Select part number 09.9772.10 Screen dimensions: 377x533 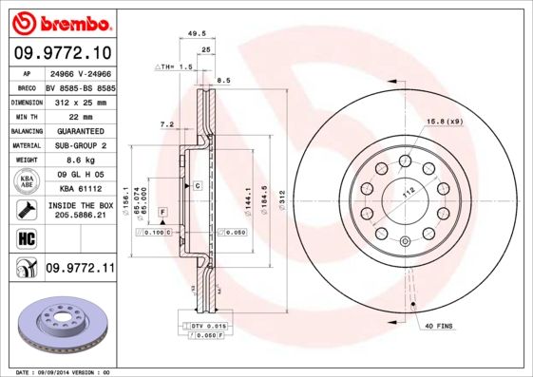point(63,53)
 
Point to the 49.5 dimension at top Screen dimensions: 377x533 point(198,32)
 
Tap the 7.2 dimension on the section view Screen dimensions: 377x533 point(167,123)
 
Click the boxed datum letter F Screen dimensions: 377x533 point(162,210)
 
